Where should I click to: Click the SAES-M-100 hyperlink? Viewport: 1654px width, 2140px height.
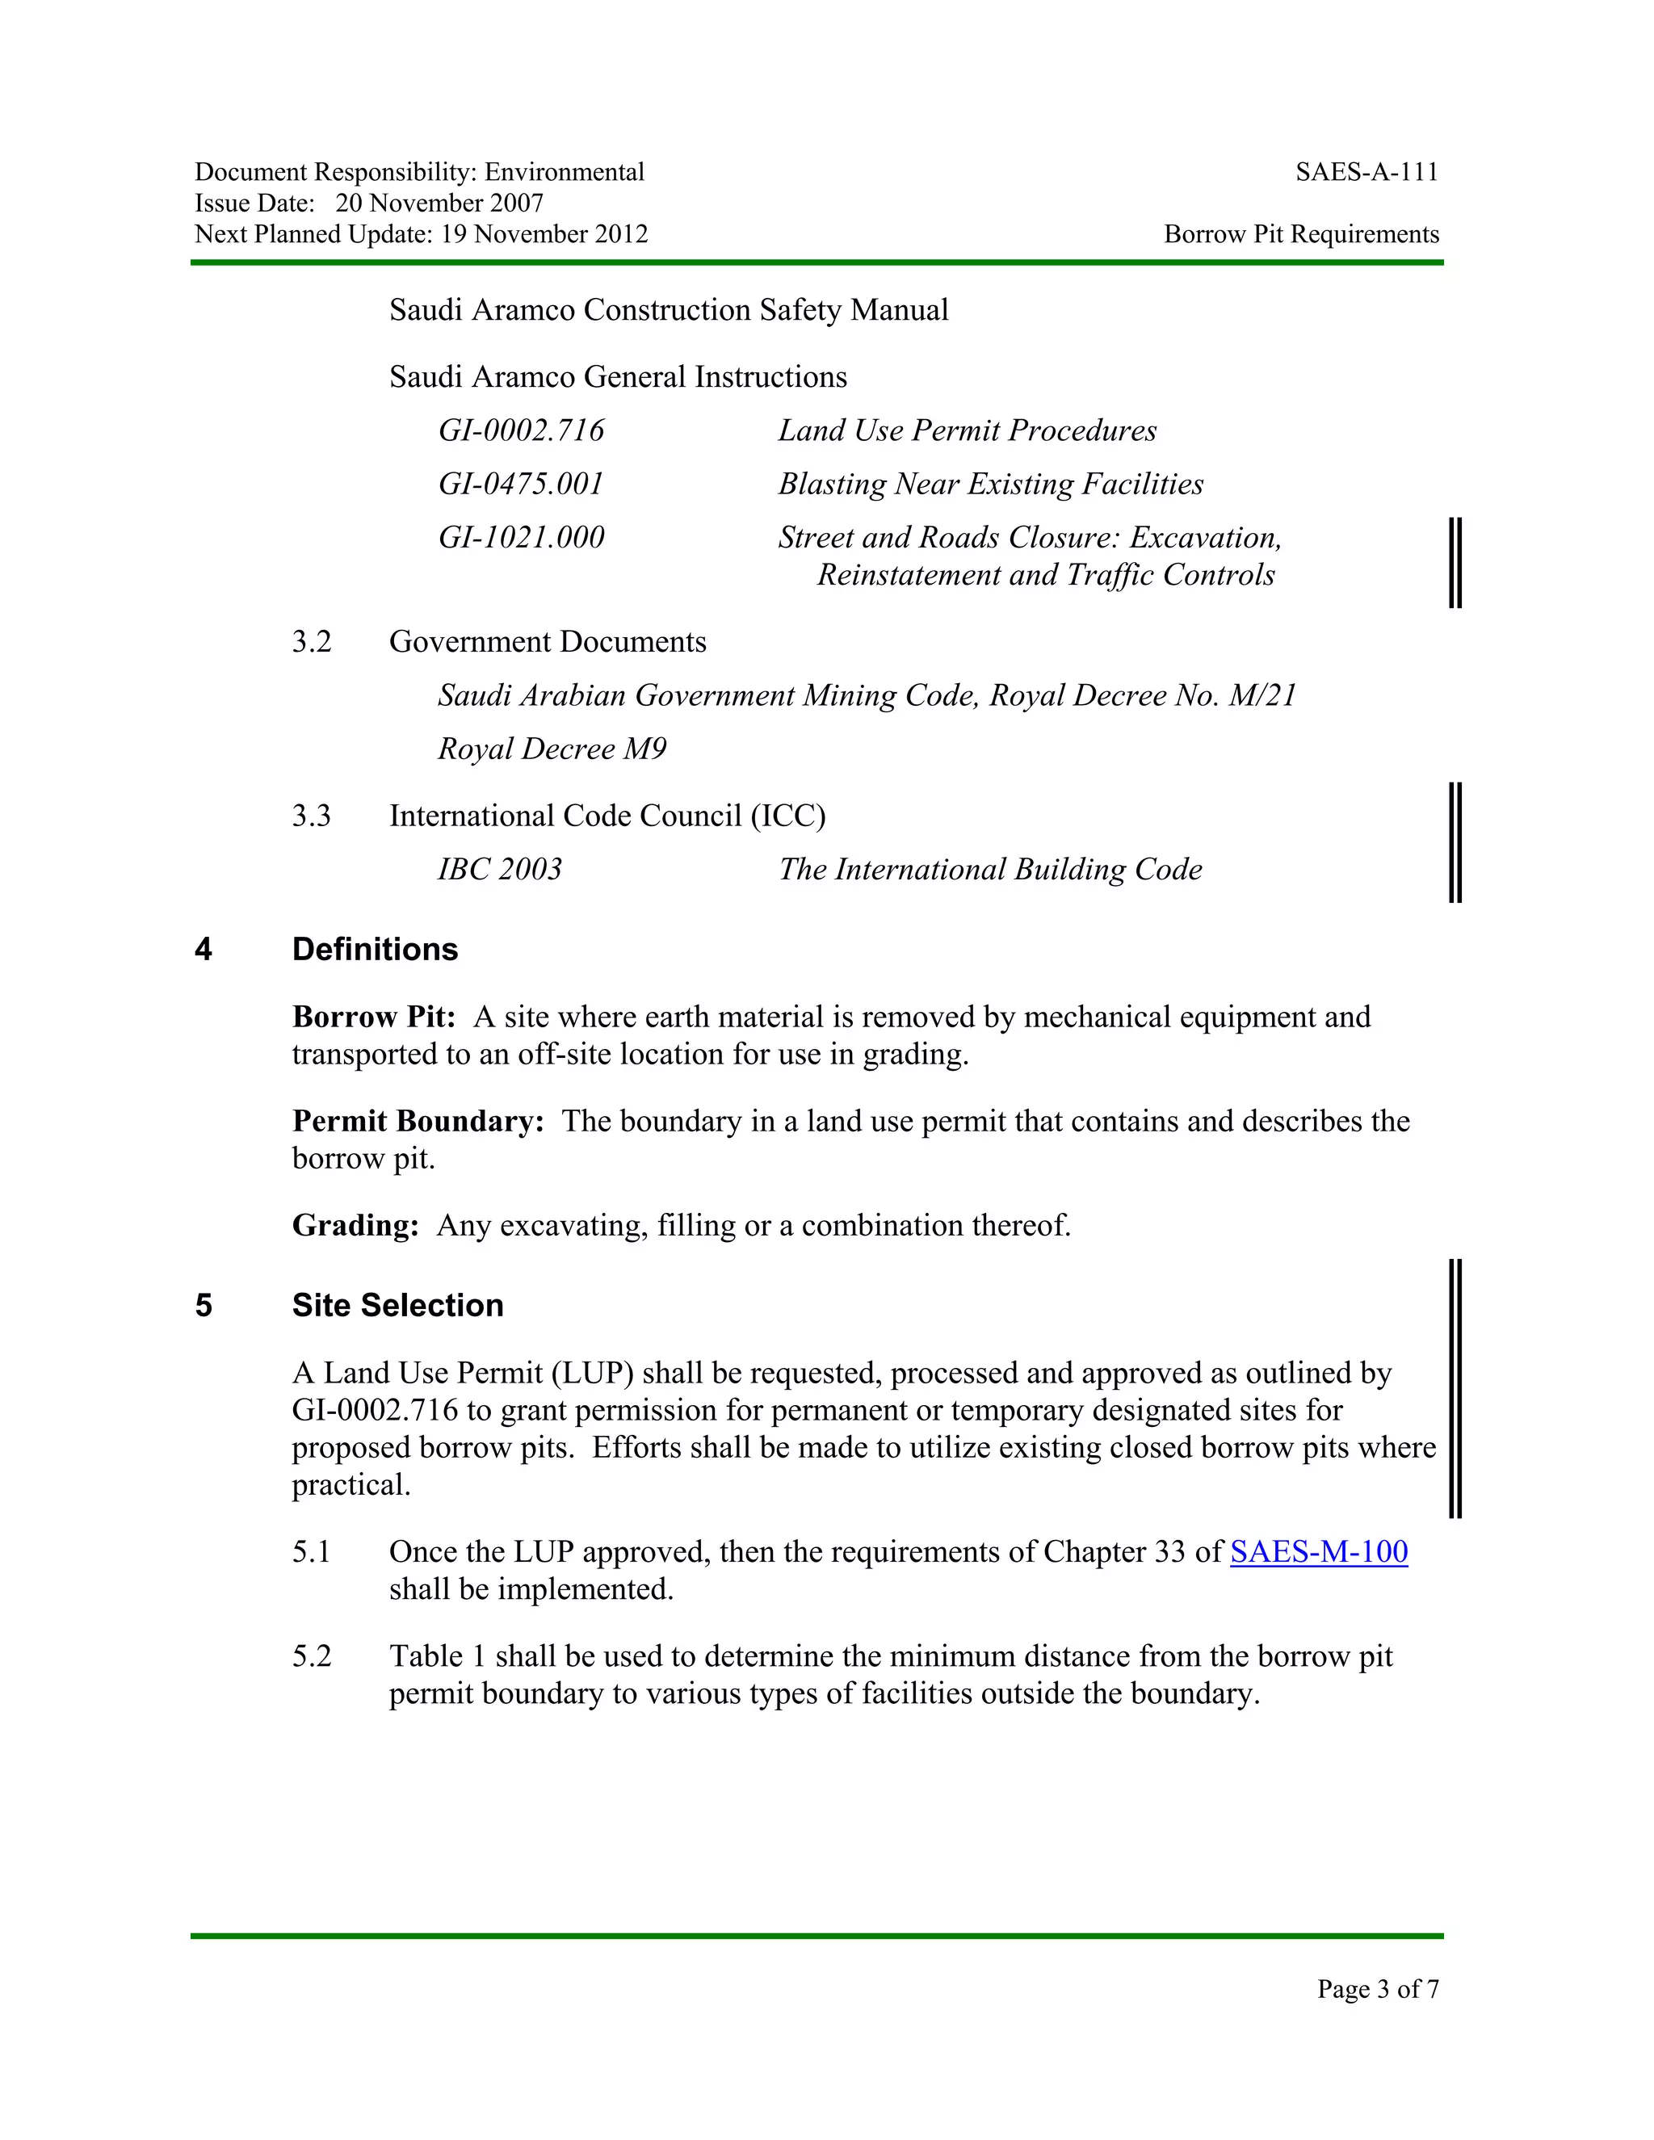coord(1318,1552)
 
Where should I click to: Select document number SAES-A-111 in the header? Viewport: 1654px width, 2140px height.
coord(1367,173)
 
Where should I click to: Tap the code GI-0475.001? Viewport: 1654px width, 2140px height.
coord(521,484)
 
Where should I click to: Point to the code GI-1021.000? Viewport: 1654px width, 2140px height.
coord(521,538)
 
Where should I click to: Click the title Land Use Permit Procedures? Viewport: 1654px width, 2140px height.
coord(967,431)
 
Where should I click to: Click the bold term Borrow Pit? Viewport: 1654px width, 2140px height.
coord(373,1017)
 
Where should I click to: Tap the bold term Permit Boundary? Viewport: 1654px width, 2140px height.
coord(418,1121)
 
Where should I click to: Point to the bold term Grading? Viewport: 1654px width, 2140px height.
coord(355,1226)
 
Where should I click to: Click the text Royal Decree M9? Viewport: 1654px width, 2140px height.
coord(552,749)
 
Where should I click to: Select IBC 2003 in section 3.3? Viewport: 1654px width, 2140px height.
coord(500,870)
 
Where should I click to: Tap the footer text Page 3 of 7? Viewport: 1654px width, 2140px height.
coord(1378,1988)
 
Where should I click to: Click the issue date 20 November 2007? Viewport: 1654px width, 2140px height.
coord(439,203)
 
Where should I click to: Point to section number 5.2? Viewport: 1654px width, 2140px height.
coord(312,1656)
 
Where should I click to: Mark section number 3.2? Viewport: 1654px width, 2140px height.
coord(312,643)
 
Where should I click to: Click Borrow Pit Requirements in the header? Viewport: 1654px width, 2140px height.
coord(1301,234)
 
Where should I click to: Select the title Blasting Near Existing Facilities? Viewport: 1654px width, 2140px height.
coord(991,484)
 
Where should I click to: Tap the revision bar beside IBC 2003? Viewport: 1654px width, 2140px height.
coord(1455,841)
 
